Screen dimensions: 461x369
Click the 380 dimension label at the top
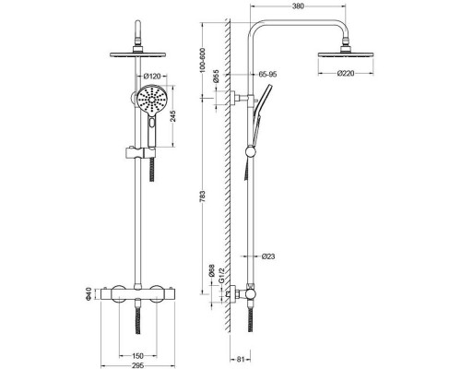pos(298,6)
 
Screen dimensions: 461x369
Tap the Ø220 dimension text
pos(346,73)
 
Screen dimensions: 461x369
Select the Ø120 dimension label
pos(151,76)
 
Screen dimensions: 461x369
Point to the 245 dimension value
pos(173,116)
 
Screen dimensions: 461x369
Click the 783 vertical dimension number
pos(202,196)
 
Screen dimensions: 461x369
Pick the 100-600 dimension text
pos(202,60)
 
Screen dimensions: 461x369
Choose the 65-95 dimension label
pos(267,74)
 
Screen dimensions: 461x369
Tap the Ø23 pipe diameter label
pos(268,256)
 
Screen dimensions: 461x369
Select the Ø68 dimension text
pos(211,270)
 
